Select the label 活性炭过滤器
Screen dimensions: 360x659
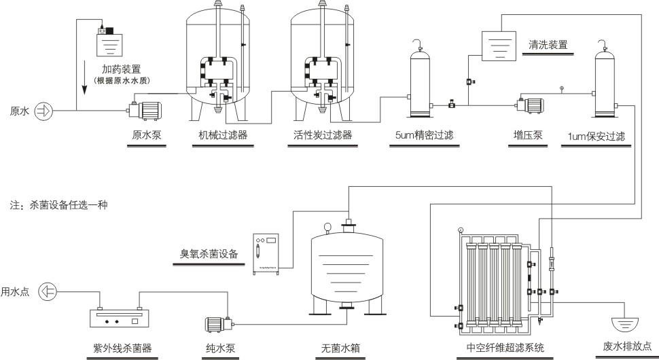(x=319, y=134)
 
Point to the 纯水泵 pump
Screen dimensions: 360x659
(x=217, y=325)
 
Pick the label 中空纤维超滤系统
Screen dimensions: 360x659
(x=505, y=348)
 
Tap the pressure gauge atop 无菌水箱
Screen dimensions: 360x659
(x=327, y=227)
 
